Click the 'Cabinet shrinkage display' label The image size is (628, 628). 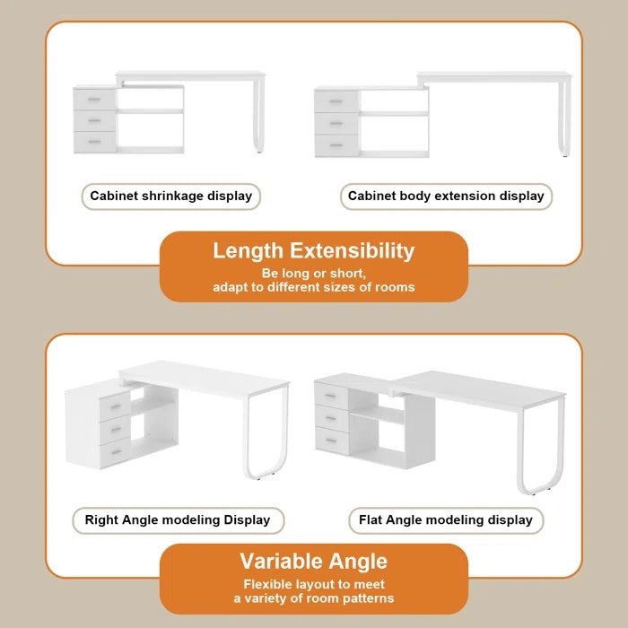coord(171,196)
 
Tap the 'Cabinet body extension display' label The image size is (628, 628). coord(446,196)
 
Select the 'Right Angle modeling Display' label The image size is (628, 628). coord(177,519)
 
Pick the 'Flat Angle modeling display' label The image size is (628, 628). coord(446,519)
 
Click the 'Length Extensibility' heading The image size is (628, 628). coord(313,251)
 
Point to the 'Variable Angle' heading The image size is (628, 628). coord(313,562)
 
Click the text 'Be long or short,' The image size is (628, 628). coord(313,273)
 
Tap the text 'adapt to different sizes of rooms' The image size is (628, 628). coord(313,287)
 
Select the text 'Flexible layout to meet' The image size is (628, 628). coord(313,583)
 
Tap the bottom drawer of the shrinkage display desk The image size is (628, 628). coord(94,142)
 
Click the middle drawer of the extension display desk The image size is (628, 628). coord(336,123)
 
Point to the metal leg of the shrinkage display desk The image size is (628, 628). coord(260,117)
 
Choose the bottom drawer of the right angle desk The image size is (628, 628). coord(114,454)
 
